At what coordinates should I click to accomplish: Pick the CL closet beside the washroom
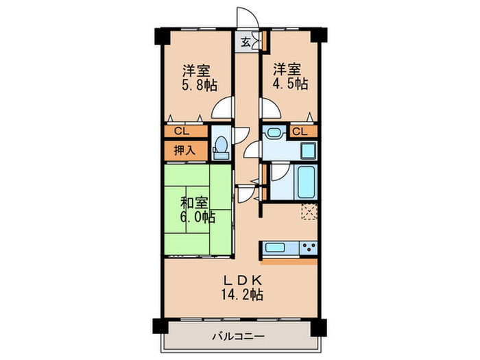click(x=300, y=131)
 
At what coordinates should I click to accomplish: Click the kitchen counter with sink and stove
click(x=288, y=248)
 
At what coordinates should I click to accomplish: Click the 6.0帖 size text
click(x=198, y=218)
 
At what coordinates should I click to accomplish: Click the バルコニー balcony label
click(x=238, y=336)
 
